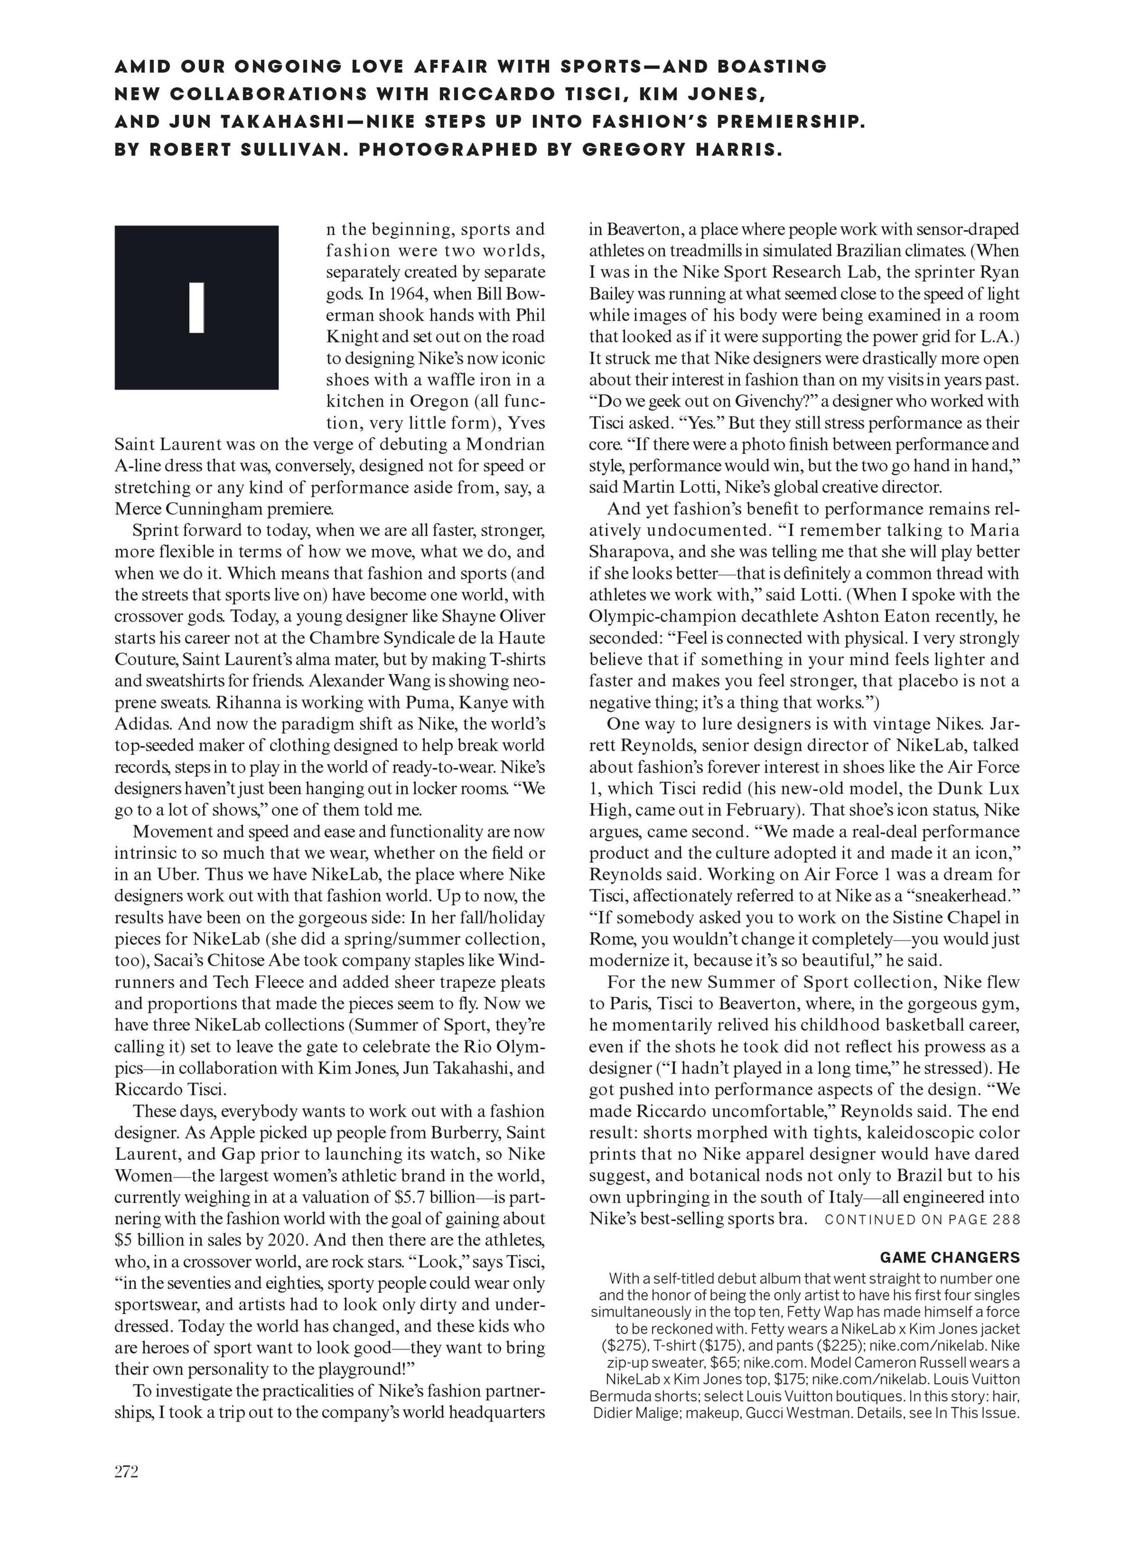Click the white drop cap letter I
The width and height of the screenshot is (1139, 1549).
click(197, 308)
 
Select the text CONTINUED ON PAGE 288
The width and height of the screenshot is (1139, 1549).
click(922, 1219)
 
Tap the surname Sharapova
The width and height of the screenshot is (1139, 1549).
click(632, 552)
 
